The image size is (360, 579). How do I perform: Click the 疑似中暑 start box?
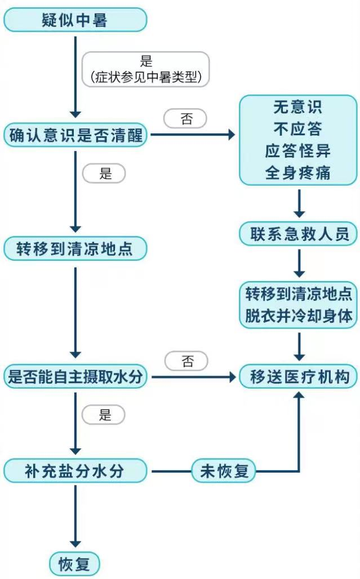coord(75,20)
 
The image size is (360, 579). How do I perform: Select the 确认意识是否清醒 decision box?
coord(75,135)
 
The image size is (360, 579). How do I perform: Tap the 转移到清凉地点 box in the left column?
coord(75,248)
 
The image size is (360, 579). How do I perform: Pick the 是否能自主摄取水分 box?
coord(75,377)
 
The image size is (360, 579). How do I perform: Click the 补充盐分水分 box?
coord(75,471)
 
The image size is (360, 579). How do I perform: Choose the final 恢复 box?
coord(75,564)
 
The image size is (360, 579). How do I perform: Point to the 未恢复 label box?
coord(224,471)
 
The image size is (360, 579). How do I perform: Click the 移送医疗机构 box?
coord(299,377)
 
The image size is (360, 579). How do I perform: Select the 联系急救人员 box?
coord(299,234)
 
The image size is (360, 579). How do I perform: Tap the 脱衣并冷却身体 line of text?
coord(299,317)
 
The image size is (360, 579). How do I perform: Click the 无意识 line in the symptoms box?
coord(297,107)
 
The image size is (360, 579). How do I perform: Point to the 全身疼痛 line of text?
coord(297,173)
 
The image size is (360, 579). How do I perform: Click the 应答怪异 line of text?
coord(297,151)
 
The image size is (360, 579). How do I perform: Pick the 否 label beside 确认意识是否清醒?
coord(185,118)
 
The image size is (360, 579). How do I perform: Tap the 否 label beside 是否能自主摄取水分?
coord(186,361)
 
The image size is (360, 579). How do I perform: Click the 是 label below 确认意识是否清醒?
coord(104,173)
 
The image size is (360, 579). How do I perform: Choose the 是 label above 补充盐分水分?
coord(104,415)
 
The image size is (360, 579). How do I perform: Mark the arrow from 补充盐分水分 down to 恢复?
coord(75,516)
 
